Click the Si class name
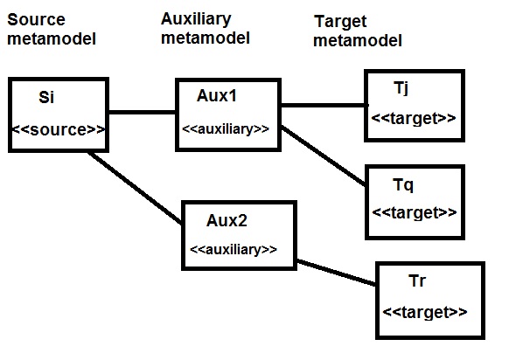click(x=46, y=97)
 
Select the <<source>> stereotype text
click(x=59, y=129)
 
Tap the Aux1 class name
click(x=217, y=95)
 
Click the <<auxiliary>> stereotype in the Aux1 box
click(x=226, y=129)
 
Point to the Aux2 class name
click(x=227, y=220)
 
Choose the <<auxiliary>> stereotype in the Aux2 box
click(x=234, y=249)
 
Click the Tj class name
click(x=401, y=88)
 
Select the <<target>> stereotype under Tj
click(x=414, y=118)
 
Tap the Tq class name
click(x=403, y=185)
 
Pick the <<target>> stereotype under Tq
click(x=415, y=212)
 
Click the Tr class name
click(x=417, y=280)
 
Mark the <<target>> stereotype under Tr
click(x=425, y=312)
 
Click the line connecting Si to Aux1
click(x=142, y=112)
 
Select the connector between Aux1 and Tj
click(x=324, y=105)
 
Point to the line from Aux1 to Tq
click(x=324, y=156)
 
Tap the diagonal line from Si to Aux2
click(x=135, y=188)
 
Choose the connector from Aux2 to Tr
click(x=337, y=273)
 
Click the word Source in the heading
click(x=36, y=19)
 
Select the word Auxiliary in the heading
click(x=196, y=19)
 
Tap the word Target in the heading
click(x=340, y=22)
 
